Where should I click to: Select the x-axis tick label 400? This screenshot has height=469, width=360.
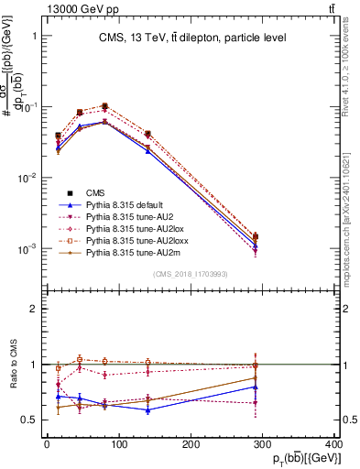[x=333, y=446]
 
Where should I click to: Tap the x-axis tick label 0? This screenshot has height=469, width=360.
[x=46, y=446]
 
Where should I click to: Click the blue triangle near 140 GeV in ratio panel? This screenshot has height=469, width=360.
[x=147, y=409]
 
